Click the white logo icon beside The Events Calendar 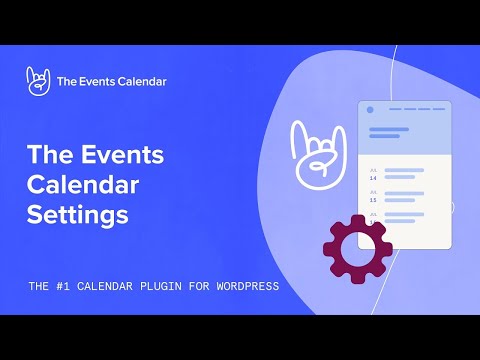pos(39,81)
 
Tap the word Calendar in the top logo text pos(140,82)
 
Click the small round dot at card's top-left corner pos(370,109)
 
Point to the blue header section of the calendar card pos(405,130)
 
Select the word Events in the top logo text pos(96,82)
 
